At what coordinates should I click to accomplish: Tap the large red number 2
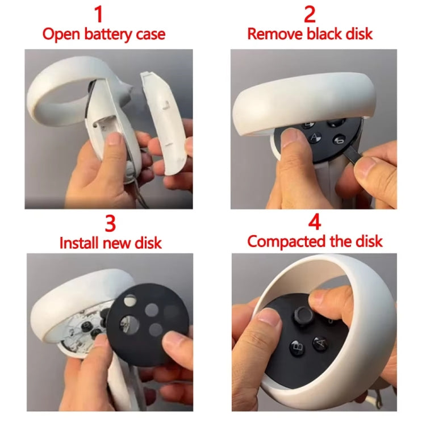coord(310,14)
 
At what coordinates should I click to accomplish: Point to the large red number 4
coord(314,222)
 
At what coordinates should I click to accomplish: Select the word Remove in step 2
coord(275,34)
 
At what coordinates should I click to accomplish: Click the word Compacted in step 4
coord(287,241)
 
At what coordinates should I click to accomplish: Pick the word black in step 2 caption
coord(325,34)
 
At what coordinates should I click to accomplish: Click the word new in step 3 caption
coord(121,243)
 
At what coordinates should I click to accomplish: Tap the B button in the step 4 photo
coord(296,346)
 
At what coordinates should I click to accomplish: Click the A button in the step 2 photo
coord(315,137)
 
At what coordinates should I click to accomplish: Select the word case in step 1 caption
coord(149,34)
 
